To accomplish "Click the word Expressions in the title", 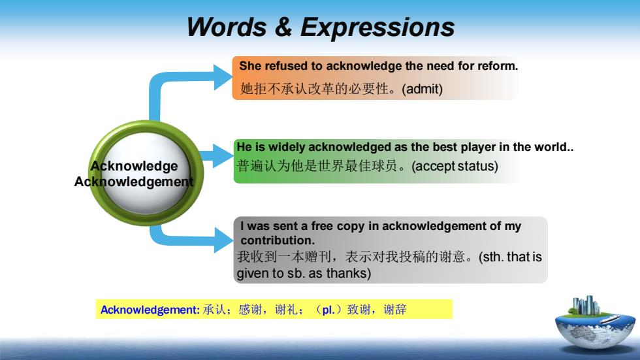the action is (x=377, y=27).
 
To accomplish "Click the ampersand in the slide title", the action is (x=283, y=27).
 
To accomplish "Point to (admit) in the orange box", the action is (x=422, y=89).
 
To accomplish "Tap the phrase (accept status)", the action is (x=455, y=166).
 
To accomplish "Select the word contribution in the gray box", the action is (x=276, y=240).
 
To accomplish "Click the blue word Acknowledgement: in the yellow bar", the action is (x=150, y=310).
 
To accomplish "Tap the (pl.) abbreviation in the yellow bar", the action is (x=328, y=310).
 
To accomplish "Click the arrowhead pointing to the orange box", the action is (x=223, y=78).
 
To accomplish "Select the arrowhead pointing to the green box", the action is (x=223, y=155).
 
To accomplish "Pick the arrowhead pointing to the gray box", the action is (x=223, y=240).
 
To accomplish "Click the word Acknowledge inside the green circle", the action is (x=135, y=166).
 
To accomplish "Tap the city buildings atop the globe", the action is (x=586, y=305).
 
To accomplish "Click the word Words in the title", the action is (x=227, y=27).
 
